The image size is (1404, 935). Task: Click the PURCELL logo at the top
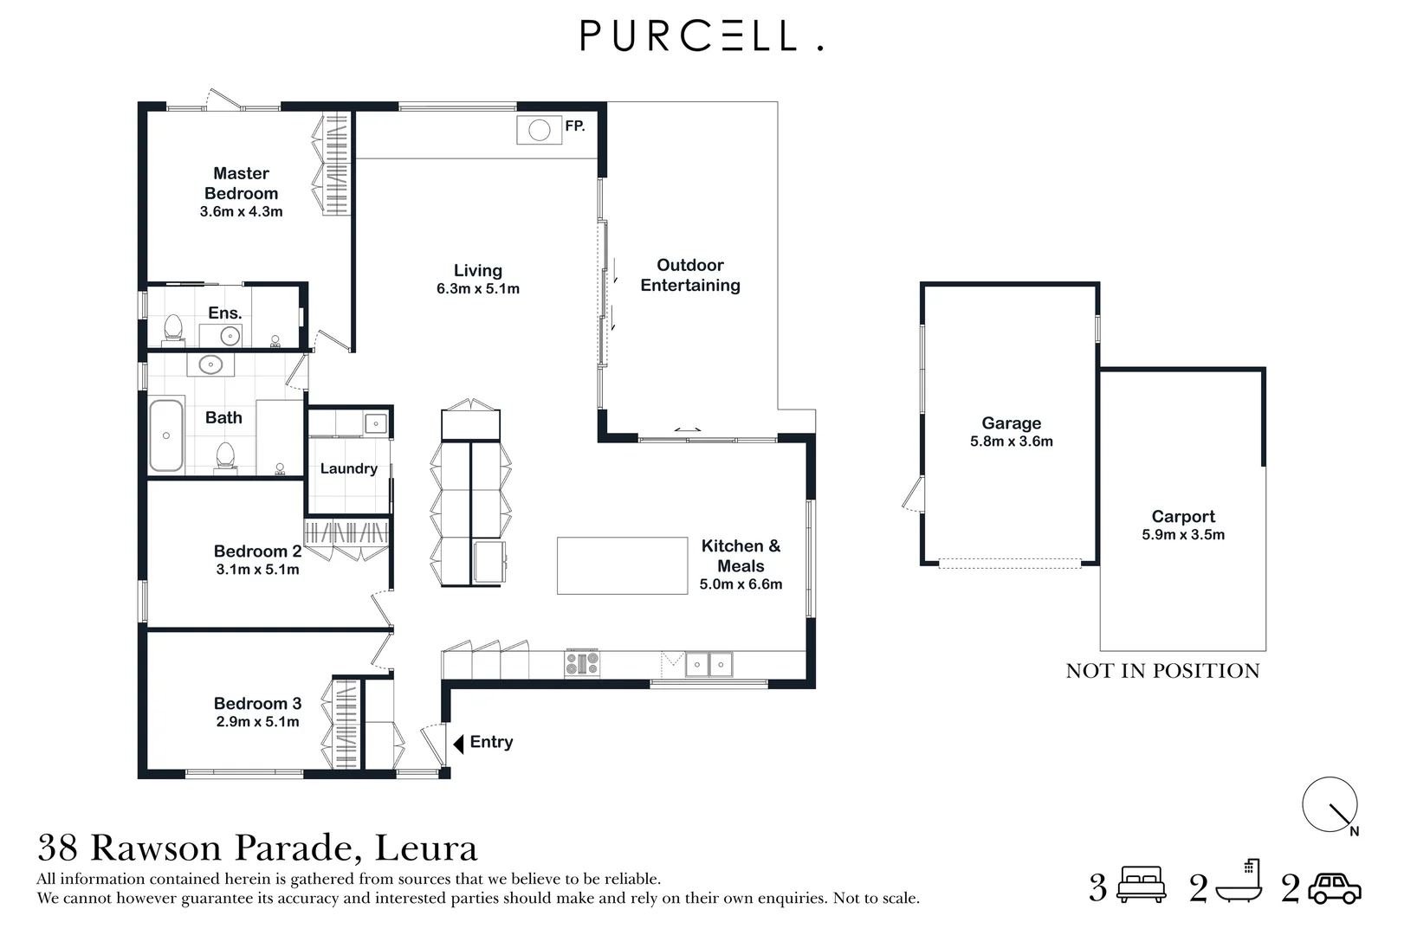pos(701,36)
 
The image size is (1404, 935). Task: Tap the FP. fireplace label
pos(575,126)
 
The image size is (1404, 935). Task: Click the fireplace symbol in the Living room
pos(540,131)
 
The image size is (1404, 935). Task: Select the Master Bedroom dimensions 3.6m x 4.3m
pos(241,211)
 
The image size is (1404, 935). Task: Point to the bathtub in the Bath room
pos(166,435)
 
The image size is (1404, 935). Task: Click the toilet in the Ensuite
pos(173,328)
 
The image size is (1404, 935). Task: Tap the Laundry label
pos(348,468)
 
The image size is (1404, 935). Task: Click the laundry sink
pos(376,423)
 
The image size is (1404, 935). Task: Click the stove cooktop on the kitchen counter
pos(582,664)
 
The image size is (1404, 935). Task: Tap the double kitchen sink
pos(708,665)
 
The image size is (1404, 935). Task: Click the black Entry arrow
pos(458,743)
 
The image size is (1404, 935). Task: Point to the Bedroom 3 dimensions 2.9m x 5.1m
pos(257,721)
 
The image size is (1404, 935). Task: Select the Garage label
pos(1011,422)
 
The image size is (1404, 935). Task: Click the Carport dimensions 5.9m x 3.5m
pos(1183,534)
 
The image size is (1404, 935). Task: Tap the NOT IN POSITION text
pos(1162,671)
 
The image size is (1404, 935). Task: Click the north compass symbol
pos(1330,805)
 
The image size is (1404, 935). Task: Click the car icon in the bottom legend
pos(1335,888)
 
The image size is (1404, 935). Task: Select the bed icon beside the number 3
pos(1142,886)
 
